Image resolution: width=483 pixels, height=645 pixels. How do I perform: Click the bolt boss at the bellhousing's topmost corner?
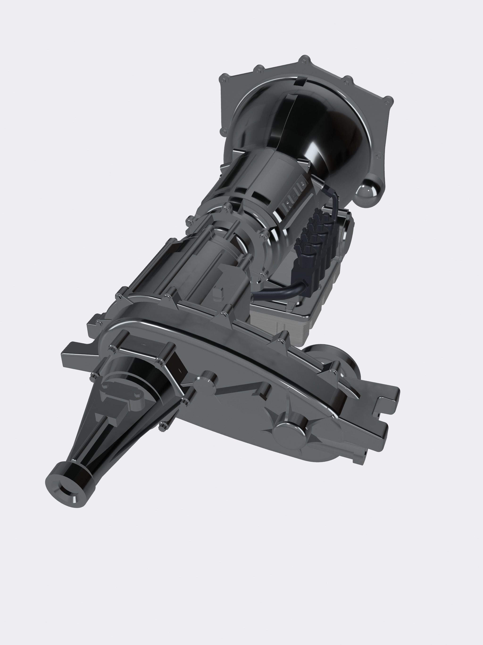[304, 59]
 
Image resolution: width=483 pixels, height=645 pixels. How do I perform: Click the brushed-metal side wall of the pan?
[280, 324]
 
